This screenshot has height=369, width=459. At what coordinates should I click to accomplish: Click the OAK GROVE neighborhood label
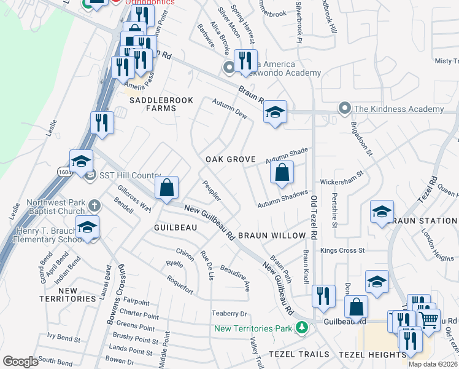click(230, 159)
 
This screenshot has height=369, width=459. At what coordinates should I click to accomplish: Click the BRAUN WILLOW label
click(271, 236)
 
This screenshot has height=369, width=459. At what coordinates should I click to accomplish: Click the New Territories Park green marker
click(301, 327)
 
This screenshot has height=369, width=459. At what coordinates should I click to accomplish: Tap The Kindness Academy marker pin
click(345, 109)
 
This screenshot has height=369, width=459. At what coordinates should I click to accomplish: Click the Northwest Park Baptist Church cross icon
click(93, 205)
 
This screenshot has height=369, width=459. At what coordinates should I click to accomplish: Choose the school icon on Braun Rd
click(275, 113)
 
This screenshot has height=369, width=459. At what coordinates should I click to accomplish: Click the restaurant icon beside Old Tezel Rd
click(323, 296)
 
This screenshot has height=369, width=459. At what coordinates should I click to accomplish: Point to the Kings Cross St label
click(342, 250)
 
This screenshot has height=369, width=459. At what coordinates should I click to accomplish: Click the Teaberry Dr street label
click(228, 312)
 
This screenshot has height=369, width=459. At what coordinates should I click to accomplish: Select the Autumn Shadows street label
click(282, 198)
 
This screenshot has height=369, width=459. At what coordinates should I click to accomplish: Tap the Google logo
click(20, 362)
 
